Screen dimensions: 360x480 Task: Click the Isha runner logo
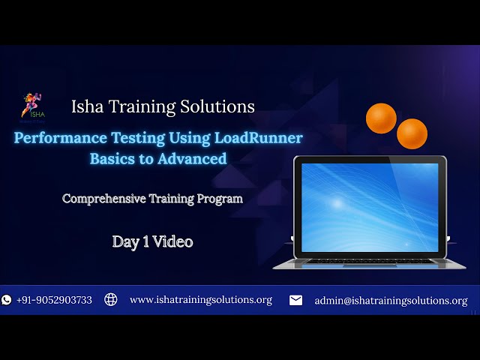tap(31, 106)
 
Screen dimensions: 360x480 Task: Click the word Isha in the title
tap(87, 106)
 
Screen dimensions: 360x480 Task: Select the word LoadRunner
tap(259, 138)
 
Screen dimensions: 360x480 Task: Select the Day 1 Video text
tap(152, 241)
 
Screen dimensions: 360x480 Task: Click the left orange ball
tap(381, 118)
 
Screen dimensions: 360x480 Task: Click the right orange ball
tap(412, 133)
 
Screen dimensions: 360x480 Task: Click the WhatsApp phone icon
tap(7, 300)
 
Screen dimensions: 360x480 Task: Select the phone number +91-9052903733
tap(54, 300)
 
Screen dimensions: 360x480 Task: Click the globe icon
tap(111, 300)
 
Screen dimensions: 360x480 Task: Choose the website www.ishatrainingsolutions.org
tap(200, 300)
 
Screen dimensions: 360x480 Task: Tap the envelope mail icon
tap(296, 300)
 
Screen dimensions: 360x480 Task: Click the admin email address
tap(391, 300)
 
